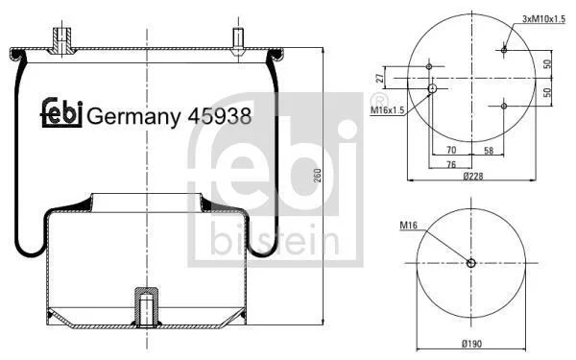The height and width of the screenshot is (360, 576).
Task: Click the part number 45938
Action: click(220, 116)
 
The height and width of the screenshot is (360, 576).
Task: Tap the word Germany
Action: click(133, 117)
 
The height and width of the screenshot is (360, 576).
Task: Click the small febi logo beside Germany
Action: click(61, 112)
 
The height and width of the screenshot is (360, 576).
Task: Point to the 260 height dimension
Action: click(318, 176)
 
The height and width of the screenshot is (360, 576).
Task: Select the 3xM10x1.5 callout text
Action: click(543, 19)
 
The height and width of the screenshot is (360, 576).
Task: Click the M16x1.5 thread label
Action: click(387, 109)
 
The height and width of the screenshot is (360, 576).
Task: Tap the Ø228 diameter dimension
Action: click(473, 177)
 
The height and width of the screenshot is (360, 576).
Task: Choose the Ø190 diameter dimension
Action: click(471, 344)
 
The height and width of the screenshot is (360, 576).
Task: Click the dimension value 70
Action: click(451, 150)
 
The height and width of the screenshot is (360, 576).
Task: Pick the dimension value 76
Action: click(451, 164)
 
